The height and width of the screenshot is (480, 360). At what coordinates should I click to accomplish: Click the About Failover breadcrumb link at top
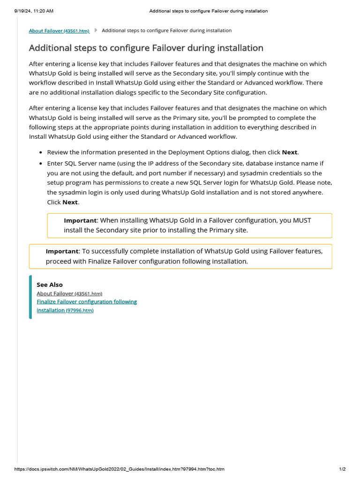pyautogui.click(x=59, y=31)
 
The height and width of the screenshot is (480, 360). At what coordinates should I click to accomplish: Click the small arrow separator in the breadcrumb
pyautogui.click(x=96, y=30)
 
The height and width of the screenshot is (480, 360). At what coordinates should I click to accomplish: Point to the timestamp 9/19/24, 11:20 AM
pyautogui.click(x=30, y=11)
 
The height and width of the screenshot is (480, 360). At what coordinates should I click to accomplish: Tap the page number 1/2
pyautogui.click(x=342, y=469)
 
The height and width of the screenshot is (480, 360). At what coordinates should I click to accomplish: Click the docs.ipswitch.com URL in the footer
pyautogui.click(x=120, y=469)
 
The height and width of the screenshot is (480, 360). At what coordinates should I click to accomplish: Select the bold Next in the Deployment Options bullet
pyautogui.click(x=289, y=152)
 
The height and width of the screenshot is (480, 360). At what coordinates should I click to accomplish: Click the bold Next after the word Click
pyautogui.click(x=70, y=202)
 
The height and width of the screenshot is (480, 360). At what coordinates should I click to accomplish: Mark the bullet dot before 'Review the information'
pyautogui.click(x=41, y=153)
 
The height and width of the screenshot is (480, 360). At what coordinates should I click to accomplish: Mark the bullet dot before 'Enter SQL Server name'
pyautogui.click(x=41, y=164)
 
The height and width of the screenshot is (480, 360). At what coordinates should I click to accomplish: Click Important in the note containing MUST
pyautogui.click(x=80, y=220)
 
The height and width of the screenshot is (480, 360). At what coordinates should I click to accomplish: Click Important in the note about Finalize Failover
pyautogui.click(x=62, y=251)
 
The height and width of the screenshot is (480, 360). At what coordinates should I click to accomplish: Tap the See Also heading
pyautogui.click(x=49, y=285)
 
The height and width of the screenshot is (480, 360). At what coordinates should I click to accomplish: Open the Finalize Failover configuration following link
pyautogui.click(x=87, y=302)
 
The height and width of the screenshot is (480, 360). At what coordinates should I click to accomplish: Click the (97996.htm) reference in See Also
pyautogui.click(x=80, y=311)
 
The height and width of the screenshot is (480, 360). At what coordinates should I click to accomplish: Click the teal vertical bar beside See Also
pyautogui.click(x=30, y=297)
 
